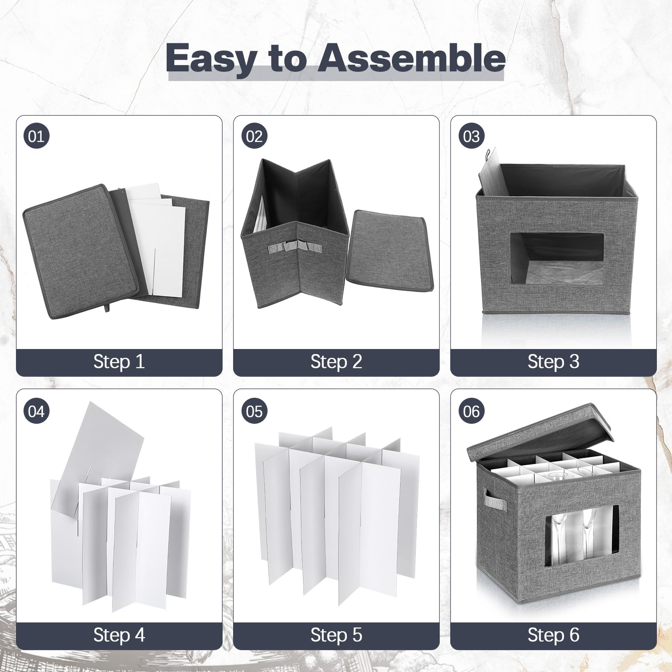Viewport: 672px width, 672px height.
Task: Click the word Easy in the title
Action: point(210,59)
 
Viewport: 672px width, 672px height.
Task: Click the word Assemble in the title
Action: point(411,58)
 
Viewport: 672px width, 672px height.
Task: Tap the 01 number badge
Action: point(36,136)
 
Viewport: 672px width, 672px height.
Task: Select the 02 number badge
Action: point(254,136)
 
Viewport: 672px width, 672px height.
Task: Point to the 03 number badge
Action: point(471,136)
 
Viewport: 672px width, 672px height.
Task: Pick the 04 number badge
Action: point(36,411)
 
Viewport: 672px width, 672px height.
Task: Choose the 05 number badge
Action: point(254,411)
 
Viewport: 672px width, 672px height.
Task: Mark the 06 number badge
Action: point(471,411)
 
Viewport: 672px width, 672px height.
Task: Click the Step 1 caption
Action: point(119,362)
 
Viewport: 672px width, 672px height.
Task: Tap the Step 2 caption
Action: point(336,362)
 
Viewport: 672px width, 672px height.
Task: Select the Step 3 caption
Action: point(554,362)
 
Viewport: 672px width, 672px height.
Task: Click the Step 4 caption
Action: point(119,635)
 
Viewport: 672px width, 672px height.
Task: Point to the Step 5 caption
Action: point(336,635)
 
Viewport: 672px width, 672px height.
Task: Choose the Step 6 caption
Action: point(554,635)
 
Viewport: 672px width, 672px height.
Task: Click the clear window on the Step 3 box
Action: point(557,259)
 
